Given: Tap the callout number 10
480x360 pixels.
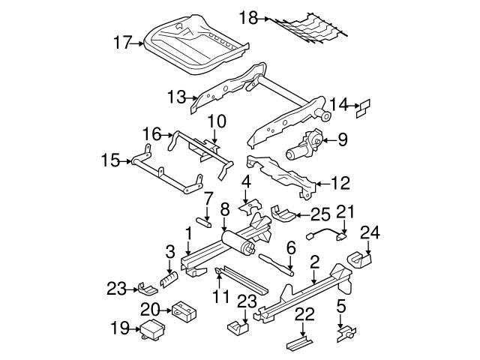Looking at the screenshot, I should click(216, 121).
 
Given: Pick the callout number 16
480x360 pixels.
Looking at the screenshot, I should click(151, 134).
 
